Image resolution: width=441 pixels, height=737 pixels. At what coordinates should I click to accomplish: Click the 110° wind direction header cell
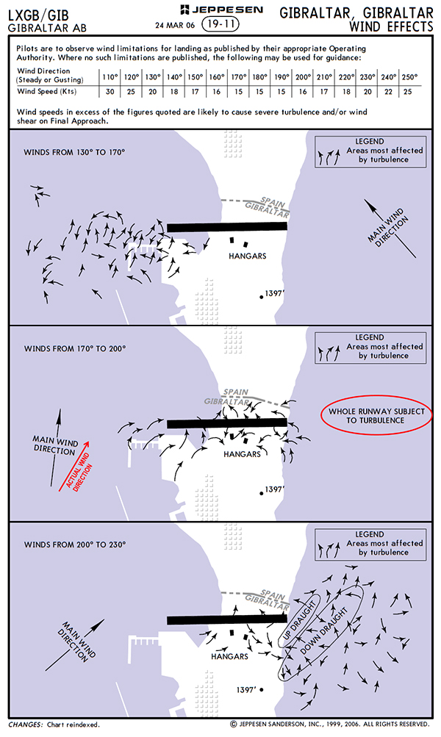click(110, 76)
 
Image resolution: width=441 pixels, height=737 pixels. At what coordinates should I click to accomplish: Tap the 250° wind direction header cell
click(409, 76)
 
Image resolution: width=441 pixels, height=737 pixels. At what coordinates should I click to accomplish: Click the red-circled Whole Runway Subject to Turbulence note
click(377, 416)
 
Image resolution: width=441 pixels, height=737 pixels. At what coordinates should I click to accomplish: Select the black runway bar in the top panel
click(226, 227)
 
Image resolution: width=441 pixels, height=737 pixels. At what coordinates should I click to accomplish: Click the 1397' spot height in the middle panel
click(273, 489)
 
